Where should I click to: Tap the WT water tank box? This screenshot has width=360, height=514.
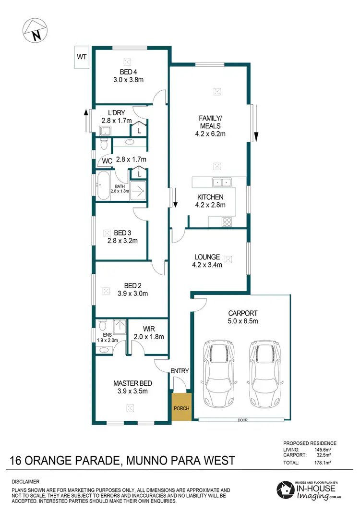pyautogui.click(x=82, y=57)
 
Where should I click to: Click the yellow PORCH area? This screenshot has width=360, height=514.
pyautogui.click(x=181, y=408)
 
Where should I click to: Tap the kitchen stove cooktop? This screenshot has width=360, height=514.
pyautogui.click(x=227, y=221)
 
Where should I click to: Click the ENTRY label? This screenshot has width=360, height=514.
pyautogui.click(x=180, y=371)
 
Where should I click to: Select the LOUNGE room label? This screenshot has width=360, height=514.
pyautogui.click(x=207, y=257)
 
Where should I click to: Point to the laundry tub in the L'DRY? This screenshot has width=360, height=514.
pyautogui.click(x=105, y=131)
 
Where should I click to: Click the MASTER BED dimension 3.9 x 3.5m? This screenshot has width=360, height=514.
pyautogui.click(x=132, y=391)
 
